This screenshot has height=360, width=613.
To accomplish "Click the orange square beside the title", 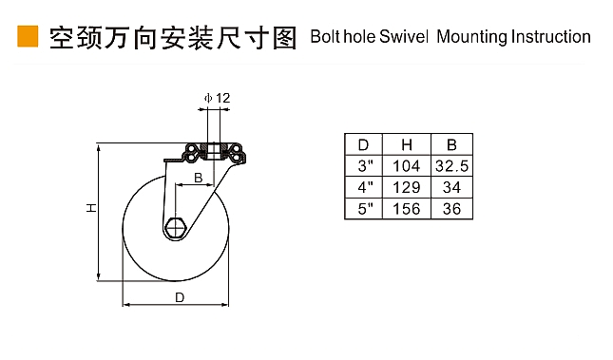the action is pos(28,36).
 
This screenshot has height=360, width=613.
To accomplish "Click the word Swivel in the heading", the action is pos(404,36).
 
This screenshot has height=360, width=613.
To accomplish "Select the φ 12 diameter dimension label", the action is pos(218,98).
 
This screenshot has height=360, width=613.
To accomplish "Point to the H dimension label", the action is pos(91,208).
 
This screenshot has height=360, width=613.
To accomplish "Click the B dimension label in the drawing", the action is pos(199,178).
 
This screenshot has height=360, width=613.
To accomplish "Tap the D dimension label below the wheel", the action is pos(180,297).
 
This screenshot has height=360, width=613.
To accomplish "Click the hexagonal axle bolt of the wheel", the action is pos(176,227).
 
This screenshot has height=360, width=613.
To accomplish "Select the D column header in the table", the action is pos(363,145).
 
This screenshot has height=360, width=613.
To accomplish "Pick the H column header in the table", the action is pos(407,145).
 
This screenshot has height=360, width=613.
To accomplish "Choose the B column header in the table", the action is pos(451,145).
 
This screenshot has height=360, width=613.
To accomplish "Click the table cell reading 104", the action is pos(407,166).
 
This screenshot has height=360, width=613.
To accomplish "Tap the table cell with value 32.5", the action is pos(451,166).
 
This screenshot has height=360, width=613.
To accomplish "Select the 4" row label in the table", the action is pos(365,187).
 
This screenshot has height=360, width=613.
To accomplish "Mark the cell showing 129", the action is pos(407,187).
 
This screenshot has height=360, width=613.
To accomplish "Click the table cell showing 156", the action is pos(407,209).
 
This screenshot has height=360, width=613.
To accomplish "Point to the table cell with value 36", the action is pos(451,209).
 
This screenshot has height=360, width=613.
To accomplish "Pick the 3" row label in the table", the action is pos(365,166).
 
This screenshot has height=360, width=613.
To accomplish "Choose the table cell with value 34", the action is pos(451,187).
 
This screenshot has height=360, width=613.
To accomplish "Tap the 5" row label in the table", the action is pos(365,209).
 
